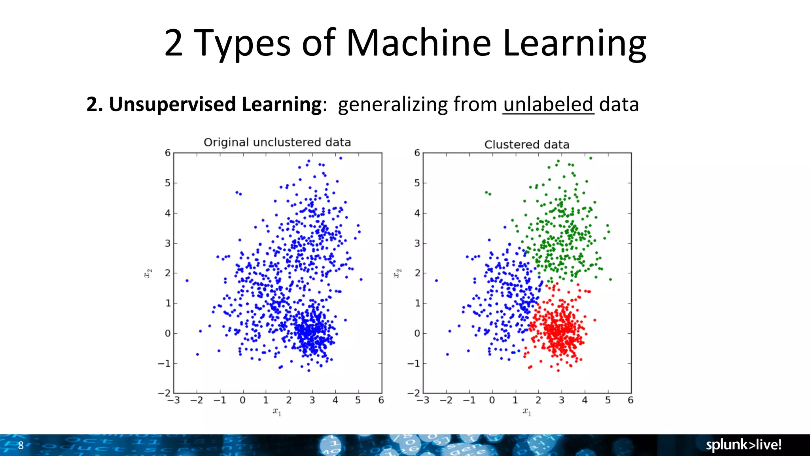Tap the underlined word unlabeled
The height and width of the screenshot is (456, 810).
coord(548,104)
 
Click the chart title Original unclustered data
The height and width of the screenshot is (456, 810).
coord(277,142)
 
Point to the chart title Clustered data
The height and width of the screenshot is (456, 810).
coord(526,144)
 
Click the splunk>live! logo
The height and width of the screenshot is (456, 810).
coord(744,445)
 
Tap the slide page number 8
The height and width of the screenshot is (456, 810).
coord(21,445)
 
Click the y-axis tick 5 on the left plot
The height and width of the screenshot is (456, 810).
coord(168,183)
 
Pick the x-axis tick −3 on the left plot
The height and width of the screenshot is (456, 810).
coord(173,400)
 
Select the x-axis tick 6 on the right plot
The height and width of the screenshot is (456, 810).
coord(630,400)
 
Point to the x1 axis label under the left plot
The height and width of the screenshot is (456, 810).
coord(277,412)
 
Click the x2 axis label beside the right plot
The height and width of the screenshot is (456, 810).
coord(397,273)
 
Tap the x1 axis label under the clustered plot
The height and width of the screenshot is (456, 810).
coord(527,412)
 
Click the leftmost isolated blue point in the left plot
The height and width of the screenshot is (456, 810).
coord(187,281)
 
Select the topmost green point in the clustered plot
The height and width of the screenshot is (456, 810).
coord(590,158)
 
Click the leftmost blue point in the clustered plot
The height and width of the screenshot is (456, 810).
coord(436,281)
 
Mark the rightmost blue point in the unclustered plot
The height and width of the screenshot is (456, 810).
coord(361,279)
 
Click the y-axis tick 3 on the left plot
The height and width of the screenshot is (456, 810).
coord(168,243)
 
